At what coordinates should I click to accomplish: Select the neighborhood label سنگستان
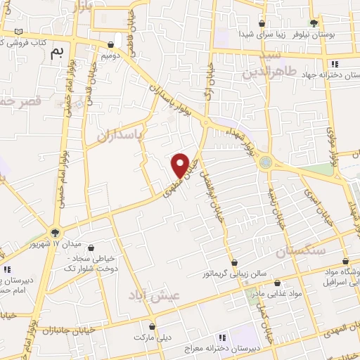[302, 251]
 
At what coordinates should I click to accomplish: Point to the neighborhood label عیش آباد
[154, 295]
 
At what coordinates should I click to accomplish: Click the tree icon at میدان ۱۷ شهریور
[56, 233]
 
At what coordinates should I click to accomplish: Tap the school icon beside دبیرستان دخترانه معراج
[224, 337]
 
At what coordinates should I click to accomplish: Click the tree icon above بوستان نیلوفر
[314, 23]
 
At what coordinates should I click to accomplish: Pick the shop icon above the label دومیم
[110, 44]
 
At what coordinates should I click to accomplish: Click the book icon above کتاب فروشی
[18, 32]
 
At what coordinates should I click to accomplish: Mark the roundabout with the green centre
[265, 162]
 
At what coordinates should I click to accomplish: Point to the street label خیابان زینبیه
[275, 205]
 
